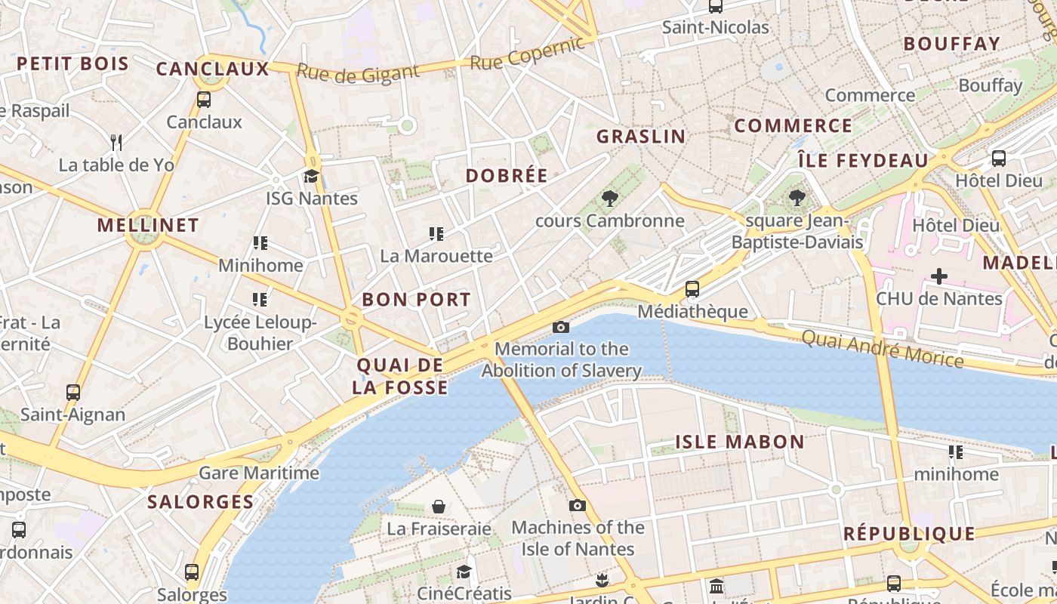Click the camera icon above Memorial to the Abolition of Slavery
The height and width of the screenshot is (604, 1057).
point(560,327)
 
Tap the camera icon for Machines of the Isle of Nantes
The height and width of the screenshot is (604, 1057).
point(578,505)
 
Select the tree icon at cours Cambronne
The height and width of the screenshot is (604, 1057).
point(609,199)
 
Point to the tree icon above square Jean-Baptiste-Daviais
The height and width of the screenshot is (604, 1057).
point(796,199)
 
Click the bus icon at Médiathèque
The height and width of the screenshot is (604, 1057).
point(692,289)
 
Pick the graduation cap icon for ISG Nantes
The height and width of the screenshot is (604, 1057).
point(311,177)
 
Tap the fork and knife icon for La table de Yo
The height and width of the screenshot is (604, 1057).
point(116,142)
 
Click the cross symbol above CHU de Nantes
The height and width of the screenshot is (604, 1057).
point(938,276)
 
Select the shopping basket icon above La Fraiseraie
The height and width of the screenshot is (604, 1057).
point(439,506)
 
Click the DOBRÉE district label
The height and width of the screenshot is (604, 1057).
point(507,176)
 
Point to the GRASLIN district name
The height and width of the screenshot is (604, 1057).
point(641,137)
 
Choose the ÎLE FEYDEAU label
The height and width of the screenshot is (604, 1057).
point(863,160)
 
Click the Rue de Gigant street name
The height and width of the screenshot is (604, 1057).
point(357,72)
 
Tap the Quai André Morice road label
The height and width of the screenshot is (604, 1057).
point(883,348)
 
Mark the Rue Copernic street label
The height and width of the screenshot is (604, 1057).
point(527,53)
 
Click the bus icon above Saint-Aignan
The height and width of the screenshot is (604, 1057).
point(73,393)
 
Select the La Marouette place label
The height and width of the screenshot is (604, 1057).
point(436,256)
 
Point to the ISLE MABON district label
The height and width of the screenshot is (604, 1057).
point(739,442)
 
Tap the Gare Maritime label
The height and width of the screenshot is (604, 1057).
point(259,473)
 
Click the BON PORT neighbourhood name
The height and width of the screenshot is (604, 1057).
point(416,300)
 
